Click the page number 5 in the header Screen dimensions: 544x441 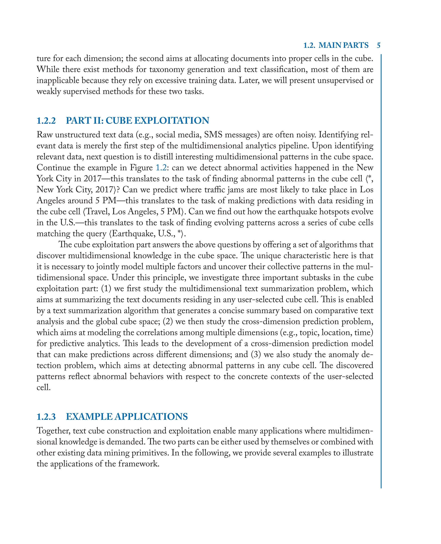pos(379,45)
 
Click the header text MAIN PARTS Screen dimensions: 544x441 pos(343,45)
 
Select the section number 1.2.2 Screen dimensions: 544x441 pos(46,120)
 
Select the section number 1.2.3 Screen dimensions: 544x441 pos(46,417)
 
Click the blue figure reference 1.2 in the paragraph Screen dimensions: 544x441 pos(161,168)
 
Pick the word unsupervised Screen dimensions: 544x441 pos(342,81)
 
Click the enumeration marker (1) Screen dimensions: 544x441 pos(106,289)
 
